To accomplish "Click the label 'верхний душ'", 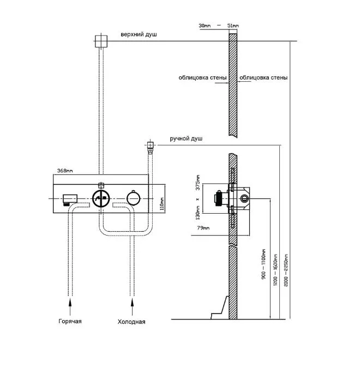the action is pyautogui.click(x=139, y=34).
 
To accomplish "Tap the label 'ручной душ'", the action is pyautogui.click(x=186, y=138).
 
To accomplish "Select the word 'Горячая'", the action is pyautogui.click(x=70, y=321).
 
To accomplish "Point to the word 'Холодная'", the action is pyautogui.click(x=131, y=322).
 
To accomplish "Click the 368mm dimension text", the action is pyautogui.click(x=65, y=171).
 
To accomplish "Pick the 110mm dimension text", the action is pyautogui.click(x=162, y=204).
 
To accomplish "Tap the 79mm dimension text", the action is pyautogui.click(x=203, y=228).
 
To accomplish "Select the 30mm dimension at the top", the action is pyautogui.click(x=205, y=26).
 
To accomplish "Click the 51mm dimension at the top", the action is pyautogui.click(x=233, y=26).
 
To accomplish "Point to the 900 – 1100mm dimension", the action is pyautogui.click(x=263, y=264).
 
